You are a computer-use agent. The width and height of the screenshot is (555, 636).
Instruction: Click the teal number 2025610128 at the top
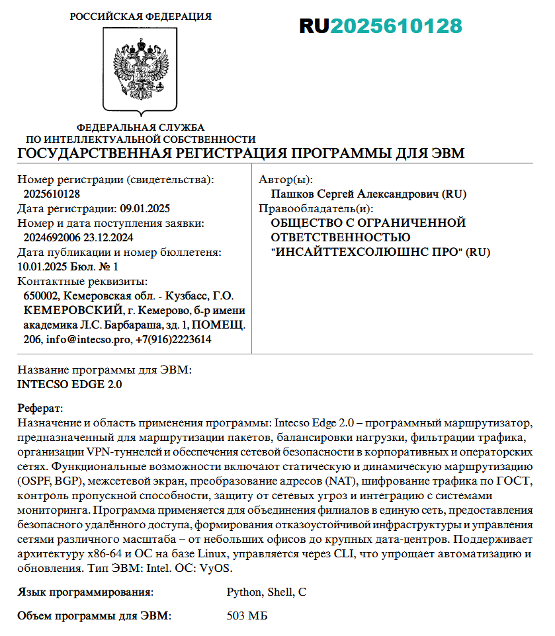tap(396, 26)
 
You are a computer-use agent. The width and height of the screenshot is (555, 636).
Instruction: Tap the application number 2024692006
tap(51, 237)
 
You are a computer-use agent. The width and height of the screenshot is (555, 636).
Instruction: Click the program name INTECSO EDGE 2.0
tap(69, 384)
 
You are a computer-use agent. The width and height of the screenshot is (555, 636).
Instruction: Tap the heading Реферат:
tap(40, 408)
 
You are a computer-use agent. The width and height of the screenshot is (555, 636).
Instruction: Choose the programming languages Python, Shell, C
tap(266, 592)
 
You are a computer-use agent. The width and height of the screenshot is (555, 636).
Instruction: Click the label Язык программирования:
tap(85, 592)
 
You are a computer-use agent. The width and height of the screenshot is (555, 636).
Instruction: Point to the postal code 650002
tap(42, 296)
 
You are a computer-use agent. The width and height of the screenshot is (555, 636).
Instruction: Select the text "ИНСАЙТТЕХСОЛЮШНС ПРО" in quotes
tap(366, 252)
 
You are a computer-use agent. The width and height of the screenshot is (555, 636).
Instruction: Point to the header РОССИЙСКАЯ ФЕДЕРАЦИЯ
tap(141, 16)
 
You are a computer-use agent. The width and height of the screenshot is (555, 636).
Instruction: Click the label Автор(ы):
tap(286, 180)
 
